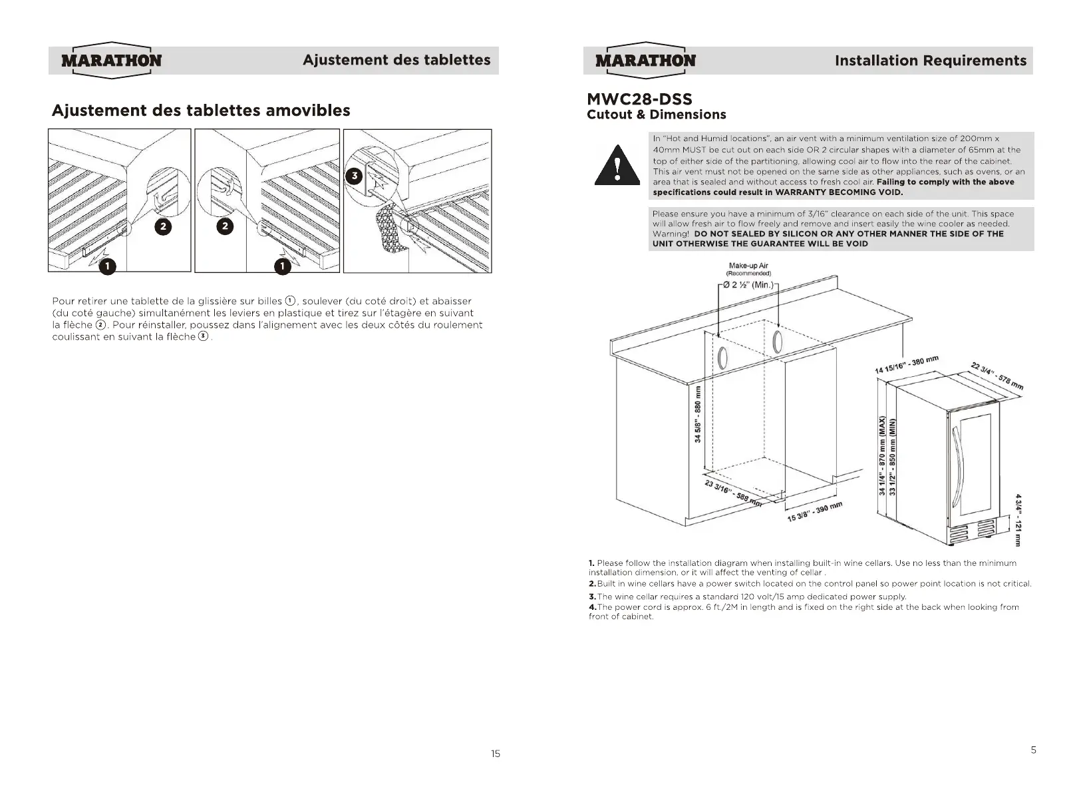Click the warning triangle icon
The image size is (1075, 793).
point(617,166)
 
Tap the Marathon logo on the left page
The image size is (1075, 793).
point(111,61)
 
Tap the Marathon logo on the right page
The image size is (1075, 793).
point(645,61)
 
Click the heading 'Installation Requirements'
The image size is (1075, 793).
point(930,61)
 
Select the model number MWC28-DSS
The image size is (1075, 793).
point(639,99)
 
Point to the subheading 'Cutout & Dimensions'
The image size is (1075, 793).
point(656,115)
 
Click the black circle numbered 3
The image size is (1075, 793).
point(355,176)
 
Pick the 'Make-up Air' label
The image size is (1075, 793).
point(748,266)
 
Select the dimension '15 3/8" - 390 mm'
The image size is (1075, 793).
point(815,511)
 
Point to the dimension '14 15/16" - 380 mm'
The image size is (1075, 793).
point(906,365)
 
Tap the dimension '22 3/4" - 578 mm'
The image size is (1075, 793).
point(997,376)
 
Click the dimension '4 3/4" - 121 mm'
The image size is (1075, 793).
point(1018,520)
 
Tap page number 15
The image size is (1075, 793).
point(495,754)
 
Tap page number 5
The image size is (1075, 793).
point(1033,750)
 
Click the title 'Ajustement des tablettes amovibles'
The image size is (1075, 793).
point(201,111)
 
